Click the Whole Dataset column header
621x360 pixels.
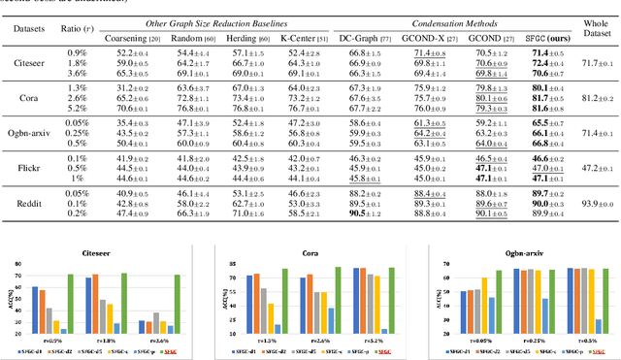pos(595,30)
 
